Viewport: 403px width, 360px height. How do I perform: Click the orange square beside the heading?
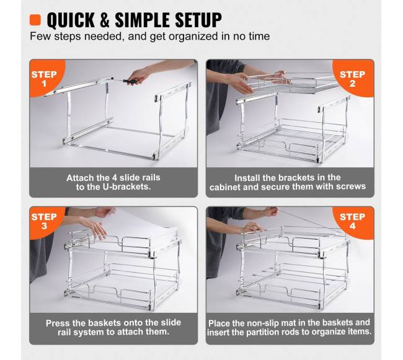point(35,20)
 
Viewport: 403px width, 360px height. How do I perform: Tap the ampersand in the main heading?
point(105,20)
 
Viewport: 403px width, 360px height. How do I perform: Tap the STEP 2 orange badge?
point(353,78)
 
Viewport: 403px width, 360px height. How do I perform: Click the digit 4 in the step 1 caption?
point(115,178)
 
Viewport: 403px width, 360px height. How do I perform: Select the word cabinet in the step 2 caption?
point(225,187)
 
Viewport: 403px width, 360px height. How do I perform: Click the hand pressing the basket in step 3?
point(94,227)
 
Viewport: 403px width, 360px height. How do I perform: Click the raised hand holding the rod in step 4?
point(272,211)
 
